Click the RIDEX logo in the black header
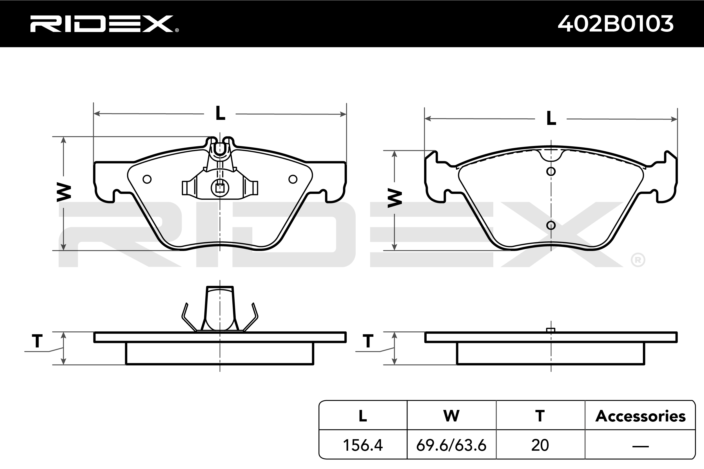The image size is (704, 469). click(x=104, y=24)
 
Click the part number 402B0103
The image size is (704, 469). click(x=616, y=24)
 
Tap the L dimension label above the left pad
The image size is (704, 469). click(x=220, y=113)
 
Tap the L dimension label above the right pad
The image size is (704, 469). click(x=551, y=118)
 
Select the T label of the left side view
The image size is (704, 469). click(x=37, y=341)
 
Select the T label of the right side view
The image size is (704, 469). click(x=368, y=341)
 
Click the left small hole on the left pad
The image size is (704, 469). click(x=147, y=179)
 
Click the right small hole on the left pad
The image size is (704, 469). click(x=293, y=179)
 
